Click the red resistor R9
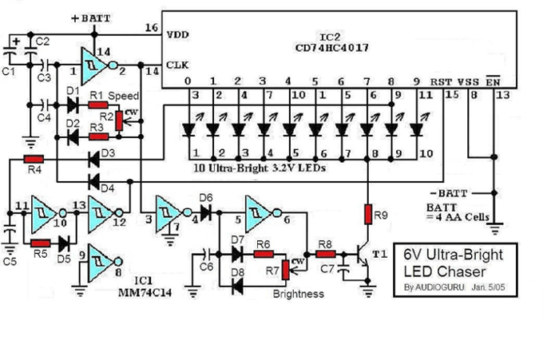(368, 214)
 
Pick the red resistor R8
(325, 255)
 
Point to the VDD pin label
(177, 36)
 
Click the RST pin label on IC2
(441, 81)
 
